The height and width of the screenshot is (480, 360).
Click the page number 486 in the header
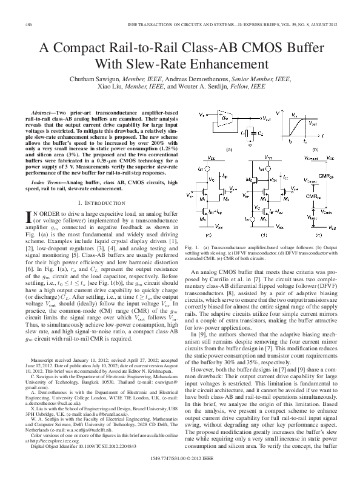tap(28, 24)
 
